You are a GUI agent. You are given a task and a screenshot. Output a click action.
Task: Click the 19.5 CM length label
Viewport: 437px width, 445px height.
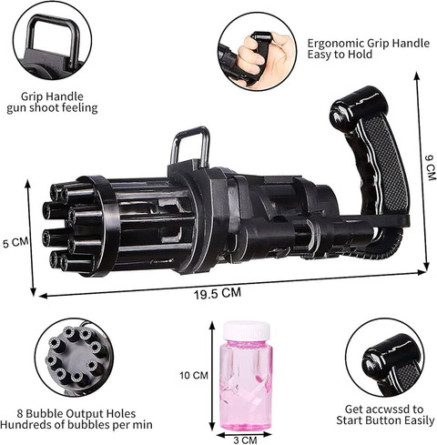tap(218, 293)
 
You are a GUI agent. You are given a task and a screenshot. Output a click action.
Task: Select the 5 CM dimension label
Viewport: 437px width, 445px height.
tap(15, 242)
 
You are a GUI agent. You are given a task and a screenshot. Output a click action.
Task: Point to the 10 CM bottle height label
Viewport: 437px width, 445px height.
tap(194, 375)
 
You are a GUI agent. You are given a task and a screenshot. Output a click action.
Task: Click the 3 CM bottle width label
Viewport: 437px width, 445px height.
tap(245, 440)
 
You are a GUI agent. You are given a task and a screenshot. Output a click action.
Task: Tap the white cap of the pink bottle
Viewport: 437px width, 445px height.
tap(247, 330)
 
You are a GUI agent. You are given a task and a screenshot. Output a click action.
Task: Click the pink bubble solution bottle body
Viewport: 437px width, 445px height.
tap(246, 385)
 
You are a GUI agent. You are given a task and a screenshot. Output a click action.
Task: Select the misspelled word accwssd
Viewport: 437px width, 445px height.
tap(390, 410)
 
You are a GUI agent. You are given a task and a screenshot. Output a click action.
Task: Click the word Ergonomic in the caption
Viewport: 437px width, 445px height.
tap(336, 44)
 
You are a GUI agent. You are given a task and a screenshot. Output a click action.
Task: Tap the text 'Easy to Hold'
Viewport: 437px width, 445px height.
tap(340, 55)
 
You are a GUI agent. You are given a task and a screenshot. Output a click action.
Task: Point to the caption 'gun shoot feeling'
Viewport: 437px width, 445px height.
tap(52, 108)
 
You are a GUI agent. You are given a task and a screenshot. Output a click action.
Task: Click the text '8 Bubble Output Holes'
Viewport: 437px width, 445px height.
tap(76, 414)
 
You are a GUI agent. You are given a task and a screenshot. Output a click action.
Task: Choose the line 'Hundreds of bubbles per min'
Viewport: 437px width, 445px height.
tap(76, 425)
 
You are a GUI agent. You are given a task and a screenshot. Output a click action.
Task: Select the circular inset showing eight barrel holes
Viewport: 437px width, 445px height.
tap(74, 357)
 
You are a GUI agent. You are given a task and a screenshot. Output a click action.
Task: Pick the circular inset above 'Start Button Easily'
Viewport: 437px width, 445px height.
tap(386, 359)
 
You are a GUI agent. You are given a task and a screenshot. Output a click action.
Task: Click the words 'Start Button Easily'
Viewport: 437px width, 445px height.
tap(385, 420)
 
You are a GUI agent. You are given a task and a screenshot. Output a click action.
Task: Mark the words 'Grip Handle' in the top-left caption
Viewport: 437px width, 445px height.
tap(52, 96)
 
